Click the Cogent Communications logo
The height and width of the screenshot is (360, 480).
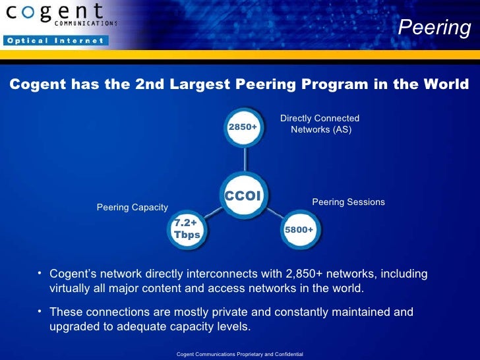(x=59, y=15)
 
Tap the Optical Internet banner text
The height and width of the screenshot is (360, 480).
(x=55, y=40)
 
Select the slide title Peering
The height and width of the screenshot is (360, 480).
(x=435, y=28)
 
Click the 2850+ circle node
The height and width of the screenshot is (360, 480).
(x=243, y=125)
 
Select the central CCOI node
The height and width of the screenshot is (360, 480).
(x=244, y=195)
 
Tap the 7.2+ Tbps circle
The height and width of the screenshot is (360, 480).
(x=187, y=229)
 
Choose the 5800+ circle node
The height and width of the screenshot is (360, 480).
(x=299, y=229)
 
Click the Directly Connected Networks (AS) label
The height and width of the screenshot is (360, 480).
(x=320, y=124)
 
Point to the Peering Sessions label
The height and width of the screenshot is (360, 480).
(x=348, y=202)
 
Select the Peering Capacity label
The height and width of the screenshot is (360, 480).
(x=133, y=207)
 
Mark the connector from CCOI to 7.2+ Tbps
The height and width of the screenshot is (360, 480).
(x=213, y=213)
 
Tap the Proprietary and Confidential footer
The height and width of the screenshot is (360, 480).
(x=239, y=355)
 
